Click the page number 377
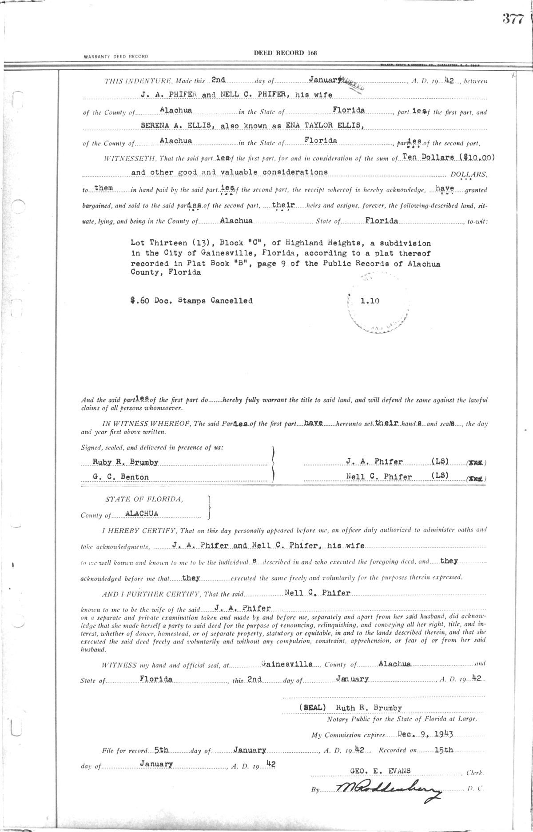pos(513,19)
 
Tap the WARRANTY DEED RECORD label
pos(115,56)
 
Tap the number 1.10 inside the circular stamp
pos(370,300)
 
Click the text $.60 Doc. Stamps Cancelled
pos(191,300)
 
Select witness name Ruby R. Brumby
pos(125,462)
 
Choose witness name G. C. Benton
pos(121,477)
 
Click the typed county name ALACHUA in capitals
pos(142,513)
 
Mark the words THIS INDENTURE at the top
pos(132,81)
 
